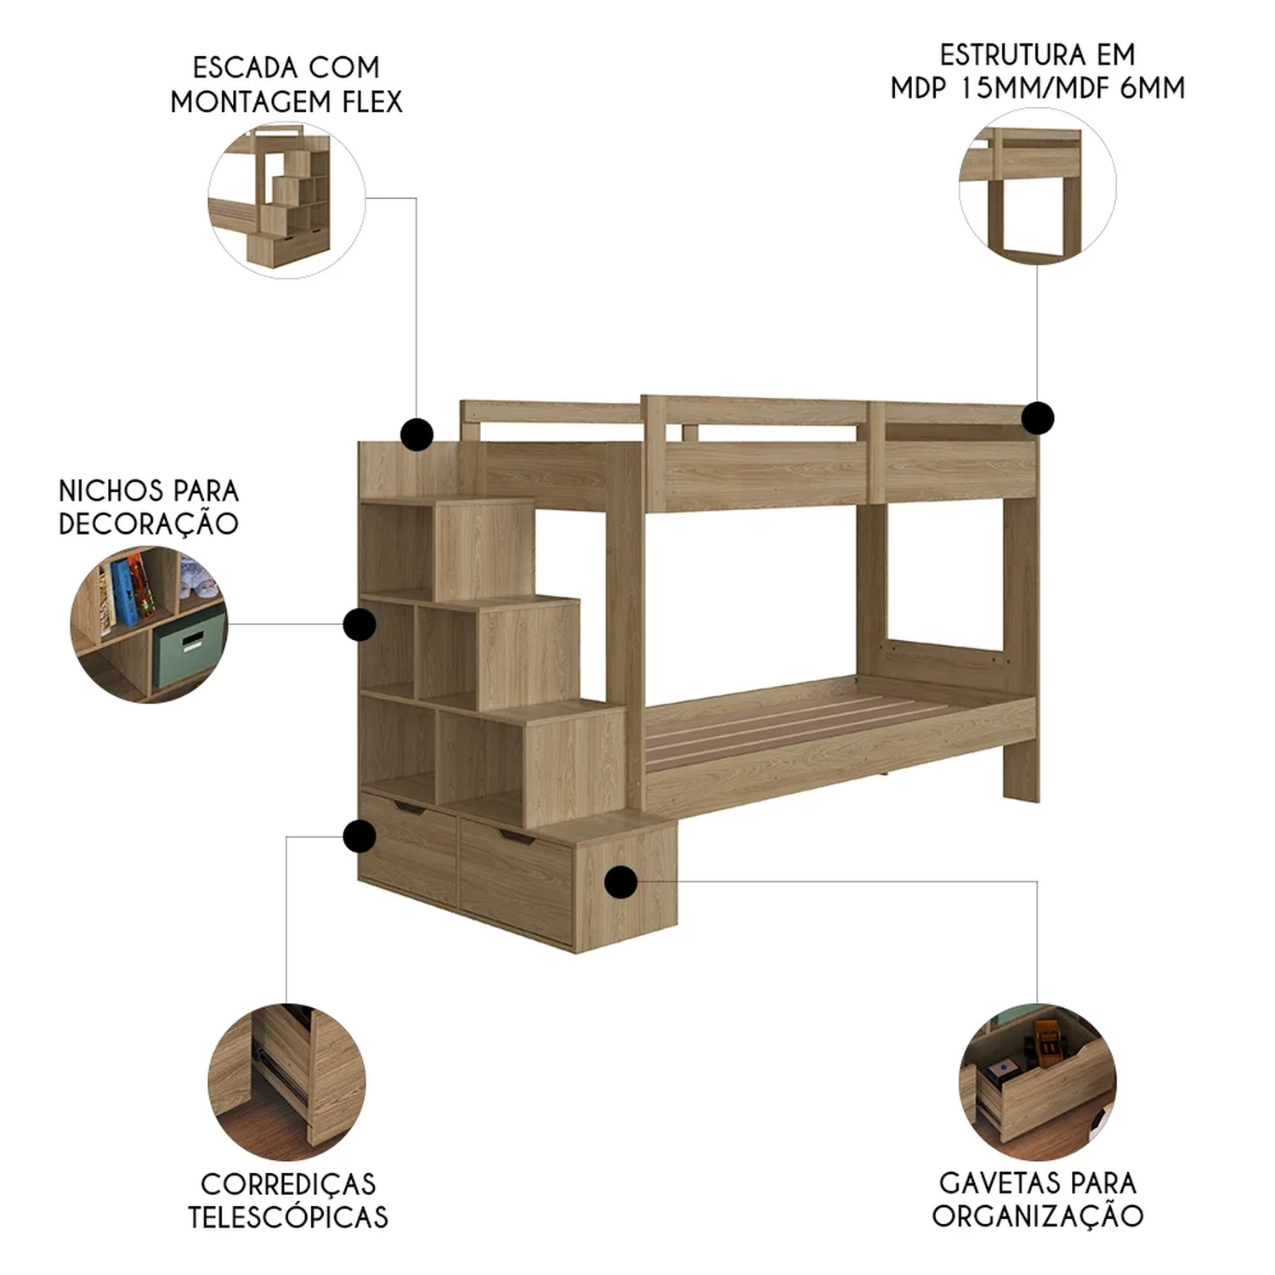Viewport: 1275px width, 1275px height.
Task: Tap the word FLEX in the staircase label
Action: tap(372, 102)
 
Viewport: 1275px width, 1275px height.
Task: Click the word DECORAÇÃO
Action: tap(149, 523)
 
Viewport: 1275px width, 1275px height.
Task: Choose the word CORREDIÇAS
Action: tap(288, 1183)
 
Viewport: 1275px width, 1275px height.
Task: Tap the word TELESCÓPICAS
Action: tap(288, 1217)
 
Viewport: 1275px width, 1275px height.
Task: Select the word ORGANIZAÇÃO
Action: tap(1038, 1215)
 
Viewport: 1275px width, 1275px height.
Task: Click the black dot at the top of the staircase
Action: tap(416, 434)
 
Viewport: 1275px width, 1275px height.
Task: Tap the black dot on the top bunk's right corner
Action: tap(1038, 417)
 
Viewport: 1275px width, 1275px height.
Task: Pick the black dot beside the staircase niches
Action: tap(360, 625)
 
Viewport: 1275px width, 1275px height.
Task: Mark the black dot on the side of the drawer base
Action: tap(621, 881)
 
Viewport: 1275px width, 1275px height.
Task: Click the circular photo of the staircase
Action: tap(286, 200)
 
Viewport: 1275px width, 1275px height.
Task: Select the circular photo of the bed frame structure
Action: tap(1038, 186)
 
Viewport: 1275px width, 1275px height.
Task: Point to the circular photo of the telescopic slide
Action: tap(286, 1082)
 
